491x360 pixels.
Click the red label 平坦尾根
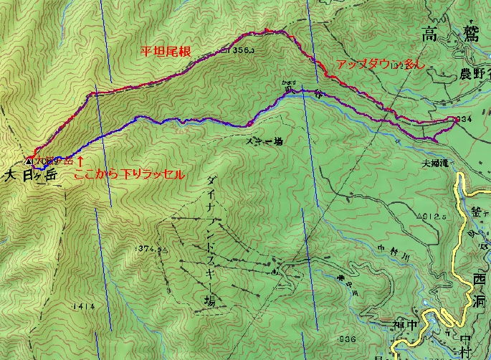pyautogui.click(x=165, y=52)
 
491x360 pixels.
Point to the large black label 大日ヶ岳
pyautogui.click(x=32, y=174)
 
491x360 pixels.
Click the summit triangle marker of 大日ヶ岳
pyautogui.click(x=29, y=161)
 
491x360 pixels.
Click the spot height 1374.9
pyautogui.click(x=150, y=249)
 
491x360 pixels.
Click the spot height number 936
pyautogui.click(x=348, y=338)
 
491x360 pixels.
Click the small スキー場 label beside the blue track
pyautogui.click(x=267, y=142)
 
